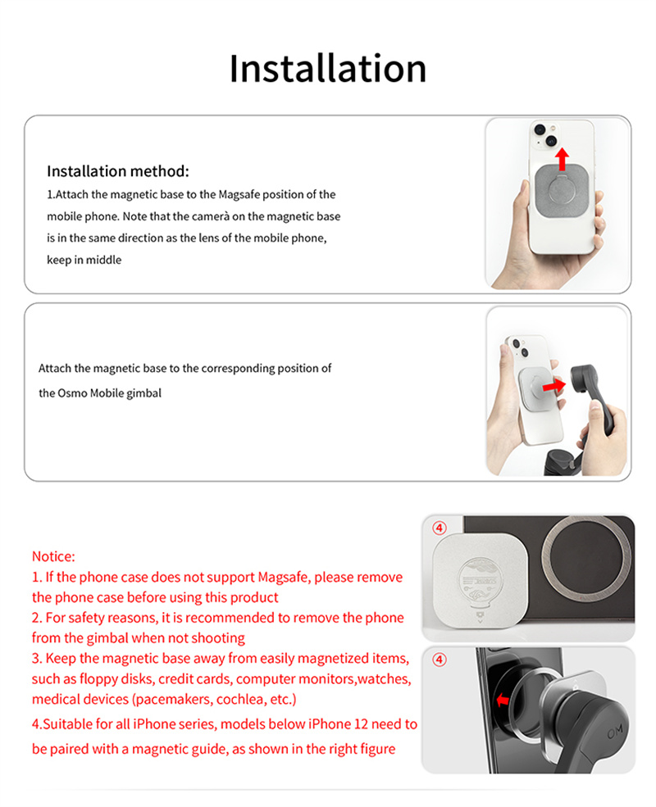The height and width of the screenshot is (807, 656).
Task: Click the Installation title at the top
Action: pyautogui.click(x=327, y=68)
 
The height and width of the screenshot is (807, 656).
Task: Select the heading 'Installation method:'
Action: pyautogui.click(x=118, y=171)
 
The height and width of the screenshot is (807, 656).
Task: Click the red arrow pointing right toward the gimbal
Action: pyautogui.click(x=555, y=383)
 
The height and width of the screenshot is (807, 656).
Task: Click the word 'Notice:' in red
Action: pyautogui.click(x=53, y=556)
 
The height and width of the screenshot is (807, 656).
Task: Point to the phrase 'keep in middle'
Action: pyautogui.click(x=84, y=260)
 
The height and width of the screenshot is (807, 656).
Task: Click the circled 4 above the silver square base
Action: pyautogui.click(x=440, y=528)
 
